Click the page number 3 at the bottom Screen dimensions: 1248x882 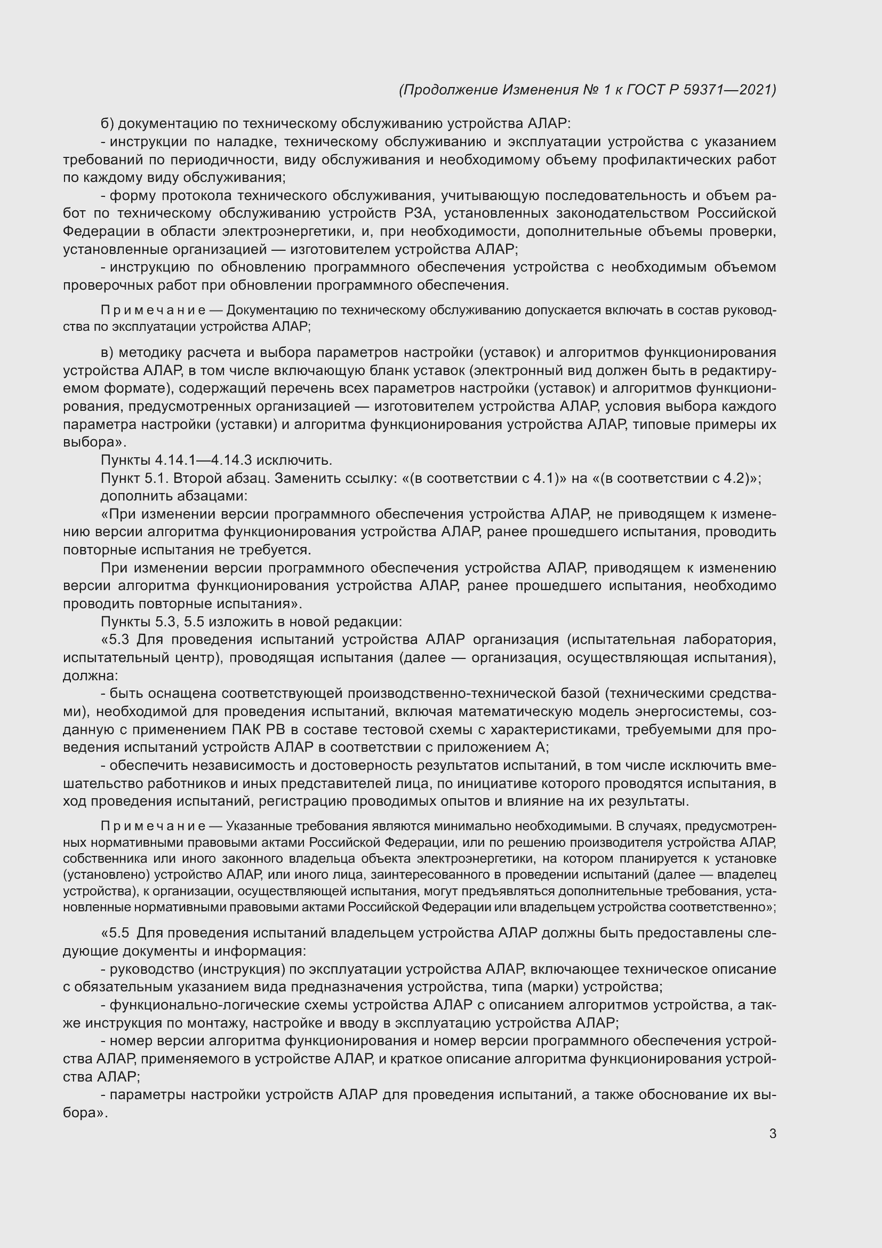(772, 1134)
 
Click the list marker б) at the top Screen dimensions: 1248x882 (107, 124)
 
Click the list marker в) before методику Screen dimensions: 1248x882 (107, 353)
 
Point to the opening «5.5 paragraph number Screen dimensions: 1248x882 (115, 933)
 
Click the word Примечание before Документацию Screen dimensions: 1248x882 (153, 311)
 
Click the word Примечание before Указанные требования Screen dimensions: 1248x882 (153, 826)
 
